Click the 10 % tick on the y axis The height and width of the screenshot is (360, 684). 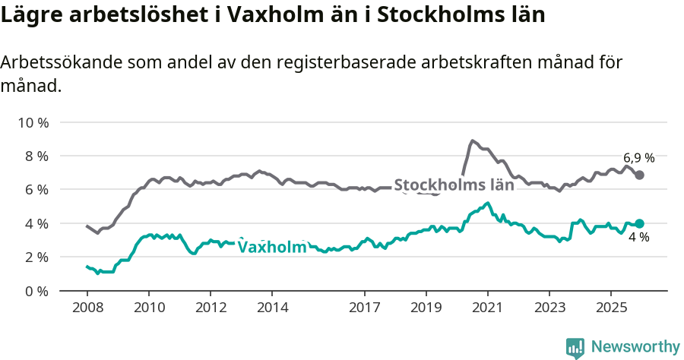coord(33,122)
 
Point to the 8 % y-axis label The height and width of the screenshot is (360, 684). coord(36,156)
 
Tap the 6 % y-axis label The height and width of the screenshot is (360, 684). coord(36,189)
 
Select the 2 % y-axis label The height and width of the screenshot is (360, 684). coord(36,257)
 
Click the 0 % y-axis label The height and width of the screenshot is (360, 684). coord(36,291)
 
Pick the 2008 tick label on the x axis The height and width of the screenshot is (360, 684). coord(87,308)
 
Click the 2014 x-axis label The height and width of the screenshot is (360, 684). coord(272,308)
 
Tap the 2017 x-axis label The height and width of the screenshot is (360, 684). coord(364,308)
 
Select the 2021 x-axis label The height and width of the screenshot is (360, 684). coord(487,308)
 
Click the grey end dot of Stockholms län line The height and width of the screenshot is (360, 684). coord(640,175)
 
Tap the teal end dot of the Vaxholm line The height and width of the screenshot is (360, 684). coord(640,223)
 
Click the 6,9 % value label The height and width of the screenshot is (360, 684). coord(638,158)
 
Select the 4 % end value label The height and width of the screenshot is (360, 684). coord(638,238)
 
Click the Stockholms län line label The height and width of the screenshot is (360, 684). coord(454,185)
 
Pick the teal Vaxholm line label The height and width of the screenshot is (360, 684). coord(272,247)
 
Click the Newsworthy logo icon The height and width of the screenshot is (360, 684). coord(575,348)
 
